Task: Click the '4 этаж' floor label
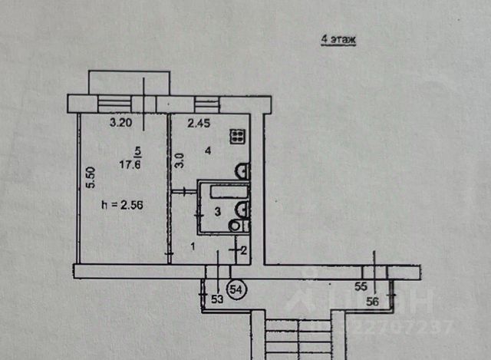338,39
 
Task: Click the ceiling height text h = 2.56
124,204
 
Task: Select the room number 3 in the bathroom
217,210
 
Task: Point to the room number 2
243,249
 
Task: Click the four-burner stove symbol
239,137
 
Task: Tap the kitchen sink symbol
240,170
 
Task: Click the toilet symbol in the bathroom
235,225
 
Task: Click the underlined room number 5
137,150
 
